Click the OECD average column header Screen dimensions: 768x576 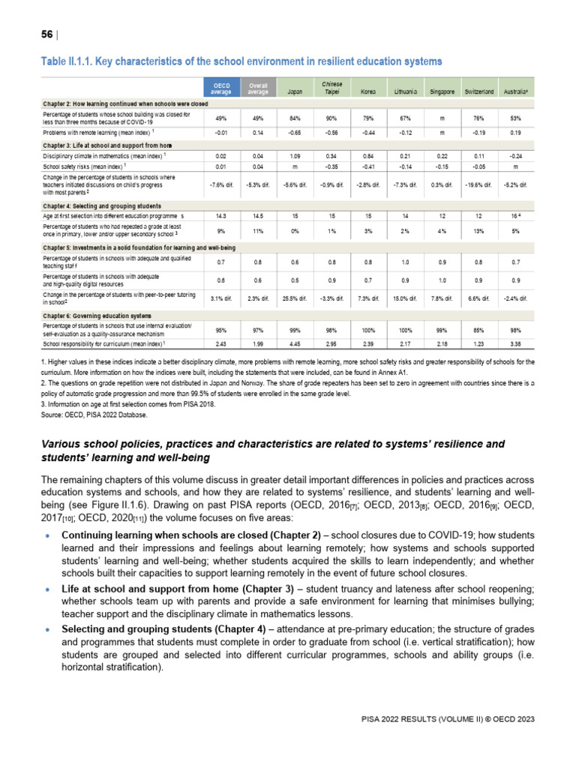(221, 88)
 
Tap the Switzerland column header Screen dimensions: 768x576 (478, 91)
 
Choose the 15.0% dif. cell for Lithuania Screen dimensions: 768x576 (405, 298)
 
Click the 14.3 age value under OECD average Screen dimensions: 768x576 (221, 215)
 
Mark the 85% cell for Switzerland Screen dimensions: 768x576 (478, 330)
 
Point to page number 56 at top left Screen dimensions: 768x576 (47, 34)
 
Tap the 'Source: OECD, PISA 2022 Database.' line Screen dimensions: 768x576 (94, 414)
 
